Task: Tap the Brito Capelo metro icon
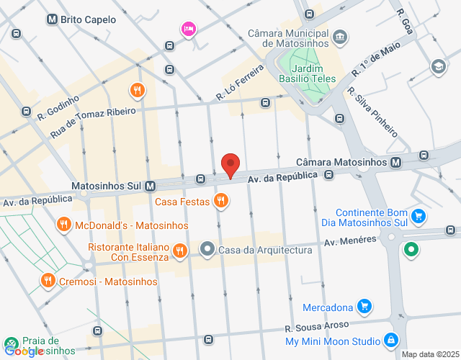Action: (52, 19)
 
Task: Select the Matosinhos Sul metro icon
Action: (151, 185)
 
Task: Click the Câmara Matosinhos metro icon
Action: (396, 163)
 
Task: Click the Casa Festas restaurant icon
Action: (221, 202)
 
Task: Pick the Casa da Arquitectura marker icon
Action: (207, 250)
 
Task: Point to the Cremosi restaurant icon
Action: (48, 281)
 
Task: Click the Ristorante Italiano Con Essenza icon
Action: (180, 251)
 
